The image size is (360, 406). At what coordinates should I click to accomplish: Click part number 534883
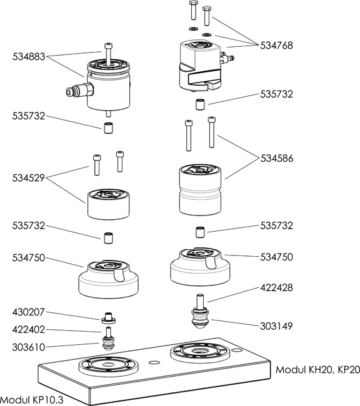pyautogui.click(x=29, y=56)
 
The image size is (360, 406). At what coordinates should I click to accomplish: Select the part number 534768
pyautogui.click(x=276, y=46)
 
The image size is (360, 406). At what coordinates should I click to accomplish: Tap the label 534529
pyautogui.click(x=29, y=178)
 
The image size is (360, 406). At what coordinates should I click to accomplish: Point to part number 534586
pyautogui.click(x=277, y=158)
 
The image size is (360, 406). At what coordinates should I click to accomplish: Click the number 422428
pyautogui.click(x=276, y=288)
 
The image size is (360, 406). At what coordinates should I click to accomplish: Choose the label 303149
pyautogui.click(x=276, y=326)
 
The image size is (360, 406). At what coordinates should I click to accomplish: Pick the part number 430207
pyautogui.click(x=29, y=312)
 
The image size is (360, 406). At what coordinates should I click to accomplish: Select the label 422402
pyautogui.click(x=29, y=330)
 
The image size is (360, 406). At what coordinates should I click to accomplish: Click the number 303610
pyautogui.click(x=29, y=347)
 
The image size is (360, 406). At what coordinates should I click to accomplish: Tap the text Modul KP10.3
pyautogui.click(x=32, y=400)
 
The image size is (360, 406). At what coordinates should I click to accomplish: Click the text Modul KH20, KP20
pyautogui.click(x=317, y=370)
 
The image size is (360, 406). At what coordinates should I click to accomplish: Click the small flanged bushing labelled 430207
pyautogui.click(x=108, y=318)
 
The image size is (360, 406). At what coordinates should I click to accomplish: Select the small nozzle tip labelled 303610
pyautogui.click(x=108, y=342)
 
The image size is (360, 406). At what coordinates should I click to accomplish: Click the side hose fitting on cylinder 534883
pyautogui.click(x=80, y=90)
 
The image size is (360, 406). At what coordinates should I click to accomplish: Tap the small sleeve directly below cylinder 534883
pyautogui.click(x=108, y=127)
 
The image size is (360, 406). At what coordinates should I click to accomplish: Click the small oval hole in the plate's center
pyautogui.click(x=155, y=362)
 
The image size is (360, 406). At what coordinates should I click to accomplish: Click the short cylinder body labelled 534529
pyautogui.click(x=108, y=204)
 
